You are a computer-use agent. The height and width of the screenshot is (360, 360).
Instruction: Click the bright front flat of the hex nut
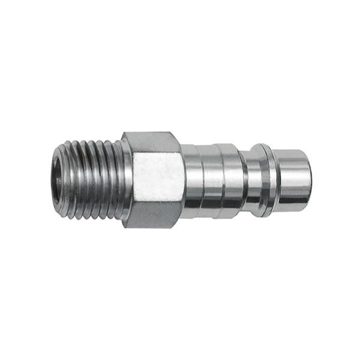[157, 179]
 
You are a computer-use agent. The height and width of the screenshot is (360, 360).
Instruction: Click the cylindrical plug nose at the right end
[291, 181]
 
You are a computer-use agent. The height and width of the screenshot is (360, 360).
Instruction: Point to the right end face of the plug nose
[308, 181]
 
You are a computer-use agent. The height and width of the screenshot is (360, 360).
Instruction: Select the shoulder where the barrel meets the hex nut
[183, 181]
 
